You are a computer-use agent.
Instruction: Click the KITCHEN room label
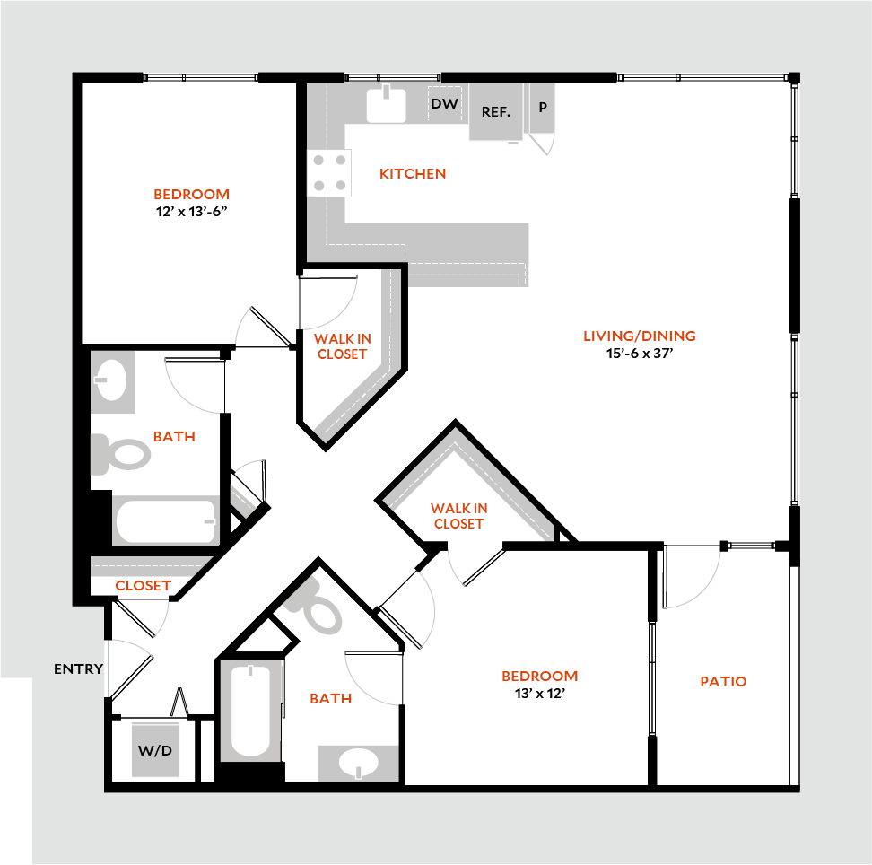click(x=413, y=173)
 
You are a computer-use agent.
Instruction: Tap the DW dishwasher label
click(x=444, y=104)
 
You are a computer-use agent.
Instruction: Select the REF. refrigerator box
click(x=496, y=112)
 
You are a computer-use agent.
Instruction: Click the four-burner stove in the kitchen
click(x=327, y=173)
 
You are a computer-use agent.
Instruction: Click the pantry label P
click(x=542, y=108)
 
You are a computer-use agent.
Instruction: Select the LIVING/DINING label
click(x=639, y=336)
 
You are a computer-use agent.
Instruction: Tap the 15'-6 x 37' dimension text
click(x=639, y=354)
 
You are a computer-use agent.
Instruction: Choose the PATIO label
click(x=723, y=681)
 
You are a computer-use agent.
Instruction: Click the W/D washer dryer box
click(x=155, y=749)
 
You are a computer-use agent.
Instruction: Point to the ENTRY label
click(x=79, y=668)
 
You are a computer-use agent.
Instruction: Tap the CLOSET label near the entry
click(x=144, y=585)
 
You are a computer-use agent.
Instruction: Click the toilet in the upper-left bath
click(x=121, y=454)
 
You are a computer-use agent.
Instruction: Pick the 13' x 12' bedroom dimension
click(x=539, y=693)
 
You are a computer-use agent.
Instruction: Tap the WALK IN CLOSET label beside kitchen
click(x=342, y=346)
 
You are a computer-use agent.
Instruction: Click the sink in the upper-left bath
click(x=113, y=380)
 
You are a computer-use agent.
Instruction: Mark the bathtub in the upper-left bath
click(x=166, y=520)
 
